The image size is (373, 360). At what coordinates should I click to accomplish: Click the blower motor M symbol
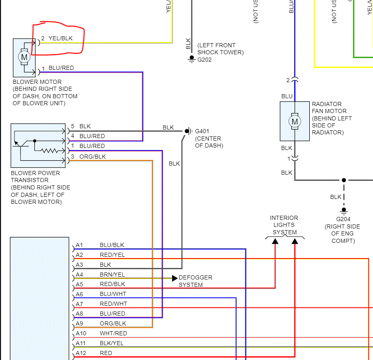pyautogui.click(x=24, y=57)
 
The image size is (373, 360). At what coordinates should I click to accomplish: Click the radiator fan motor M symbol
pyautogui.click(x=294, y=121)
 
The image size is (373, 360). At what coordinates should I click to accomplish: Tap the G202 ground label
pyautogui.click(x=205, y=60)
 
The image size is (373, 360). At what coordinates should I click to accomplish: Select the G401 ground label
pyautogui.click(x=202, y=132)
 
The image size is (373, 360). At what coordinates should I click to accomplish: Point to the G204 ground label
pyautogui.click(x=343, y=219)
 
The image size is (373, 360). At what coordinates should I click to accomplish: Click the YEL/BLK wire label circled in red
pyautogui.click(x=60, y=38)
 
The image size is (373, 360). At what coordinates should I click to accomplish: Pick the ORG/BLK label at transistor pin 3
pyautogui.click(x=92, y=157)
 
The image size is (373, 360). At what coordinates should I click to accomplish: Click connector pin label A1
pyautogui.click(x=79, y=245)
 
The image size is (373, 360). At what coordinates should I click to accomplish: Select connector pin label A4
pyautogui.click(x=79, y=275)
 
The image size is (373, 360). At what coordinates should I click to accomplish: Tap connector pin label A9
pyautogui.click(x=79, y=323)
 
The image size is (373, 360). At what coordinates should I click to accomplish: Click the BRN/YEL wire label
pyautogui.click(x=112, y=275)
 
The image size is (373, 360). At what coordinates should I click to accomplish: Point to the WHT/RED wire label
pyautogui.click(x=113, y=333)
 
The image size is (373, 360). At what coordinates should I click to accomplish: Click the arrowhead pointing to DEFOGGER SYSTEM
pyautogui.click(x=175, y=278)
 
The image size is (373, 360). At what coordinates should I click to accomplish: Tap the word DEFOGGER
pyautogui.click(x=196, y=278)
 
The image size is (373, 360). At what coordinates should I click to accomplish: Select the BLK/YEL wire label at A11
pyautogui.click(x=112, y=343)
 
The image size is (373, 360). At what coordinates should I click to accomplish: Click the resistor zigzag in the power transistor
pyautogui.click(x=50, y=150)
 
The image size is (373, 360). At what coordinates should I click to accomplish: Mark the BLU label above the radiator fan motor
pyautogui.click(x=287, y=96)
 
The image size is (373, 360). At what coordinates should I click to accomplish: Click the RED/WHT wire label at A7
pyautogui.click(x=113, y=304)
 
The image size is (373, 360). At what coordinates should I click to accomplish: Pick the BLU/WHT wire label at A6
pyautogui.click(x=113, y=294)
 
